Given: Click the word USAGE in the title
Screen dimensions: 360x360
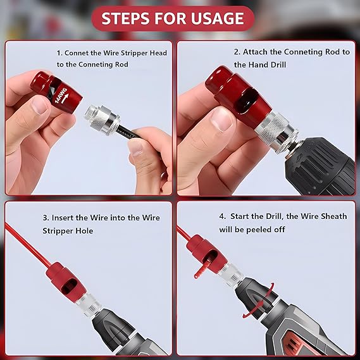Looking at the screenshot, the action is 217,18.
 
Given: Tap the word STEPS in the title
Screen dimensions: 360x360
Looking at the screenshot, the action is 125,18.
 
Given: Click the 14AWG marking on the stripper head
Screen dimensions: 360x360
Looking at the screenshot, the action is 61,96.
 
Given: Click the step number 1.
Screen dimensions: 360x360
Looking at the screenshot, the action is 59,53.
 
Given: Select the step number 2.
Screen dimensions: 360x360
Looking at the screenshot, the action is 237,52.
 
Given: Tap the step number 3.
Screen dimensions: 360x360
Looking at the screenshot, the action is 46,218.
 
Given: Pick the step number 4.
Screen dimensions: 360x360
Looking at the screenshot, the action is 222,216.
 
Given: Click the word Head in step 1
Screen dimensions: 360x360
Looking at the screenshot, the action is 158,53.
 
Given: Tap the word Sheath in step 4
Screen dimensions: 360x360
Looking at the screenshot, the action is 334,216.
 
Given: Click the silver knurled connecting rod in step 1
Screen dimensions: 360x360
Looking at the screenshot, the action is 102,120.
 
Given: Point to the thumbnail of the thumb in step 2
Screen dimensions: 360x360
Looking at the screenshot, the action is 223,119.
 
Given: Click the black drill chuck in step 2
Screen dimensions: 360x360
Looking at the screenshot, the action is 319,166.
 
